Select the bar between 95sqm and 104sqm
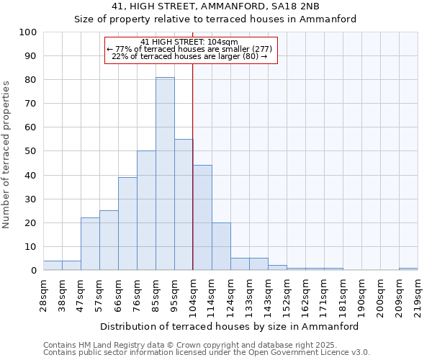coord(184,204)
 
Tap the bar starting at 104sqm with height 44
coord(202,217)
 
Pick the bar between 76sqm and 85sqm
coord(146,210)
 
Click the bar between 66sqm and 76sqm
coord(127,223)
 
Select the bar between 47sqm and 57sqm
coord(90,243)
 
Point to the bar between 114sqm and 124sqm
coord(221,246)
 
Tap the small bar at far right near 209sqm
coord(408,269)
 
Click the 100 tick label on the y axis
coord(28,32)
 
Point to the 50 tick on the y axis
coord(31,151)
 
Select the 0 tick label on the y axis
coord(34,271)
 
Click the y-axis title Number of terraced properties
coord(7,155)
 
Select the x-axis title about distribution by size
coord(229,326)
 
